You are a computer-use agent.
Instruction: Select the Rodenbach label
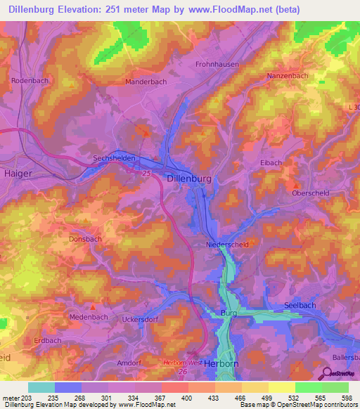point(29,81)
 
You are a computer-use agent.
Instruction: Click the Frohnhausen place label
point(217,64)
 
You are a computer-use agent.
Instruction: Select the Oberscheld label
point(311,192)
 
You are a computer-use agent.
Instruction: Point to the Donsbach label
point(86,239)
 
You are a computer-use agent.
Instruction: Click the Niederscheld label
point(228,245)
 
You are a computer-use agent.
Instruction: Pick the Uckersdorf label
point(139,320)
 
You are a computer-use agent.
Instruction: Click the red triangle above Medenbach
point(94,306)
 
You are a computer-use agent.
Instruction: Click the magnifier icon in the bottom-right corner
point(328,373)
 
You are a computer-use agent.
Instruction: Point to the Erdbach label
point(48,340)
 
